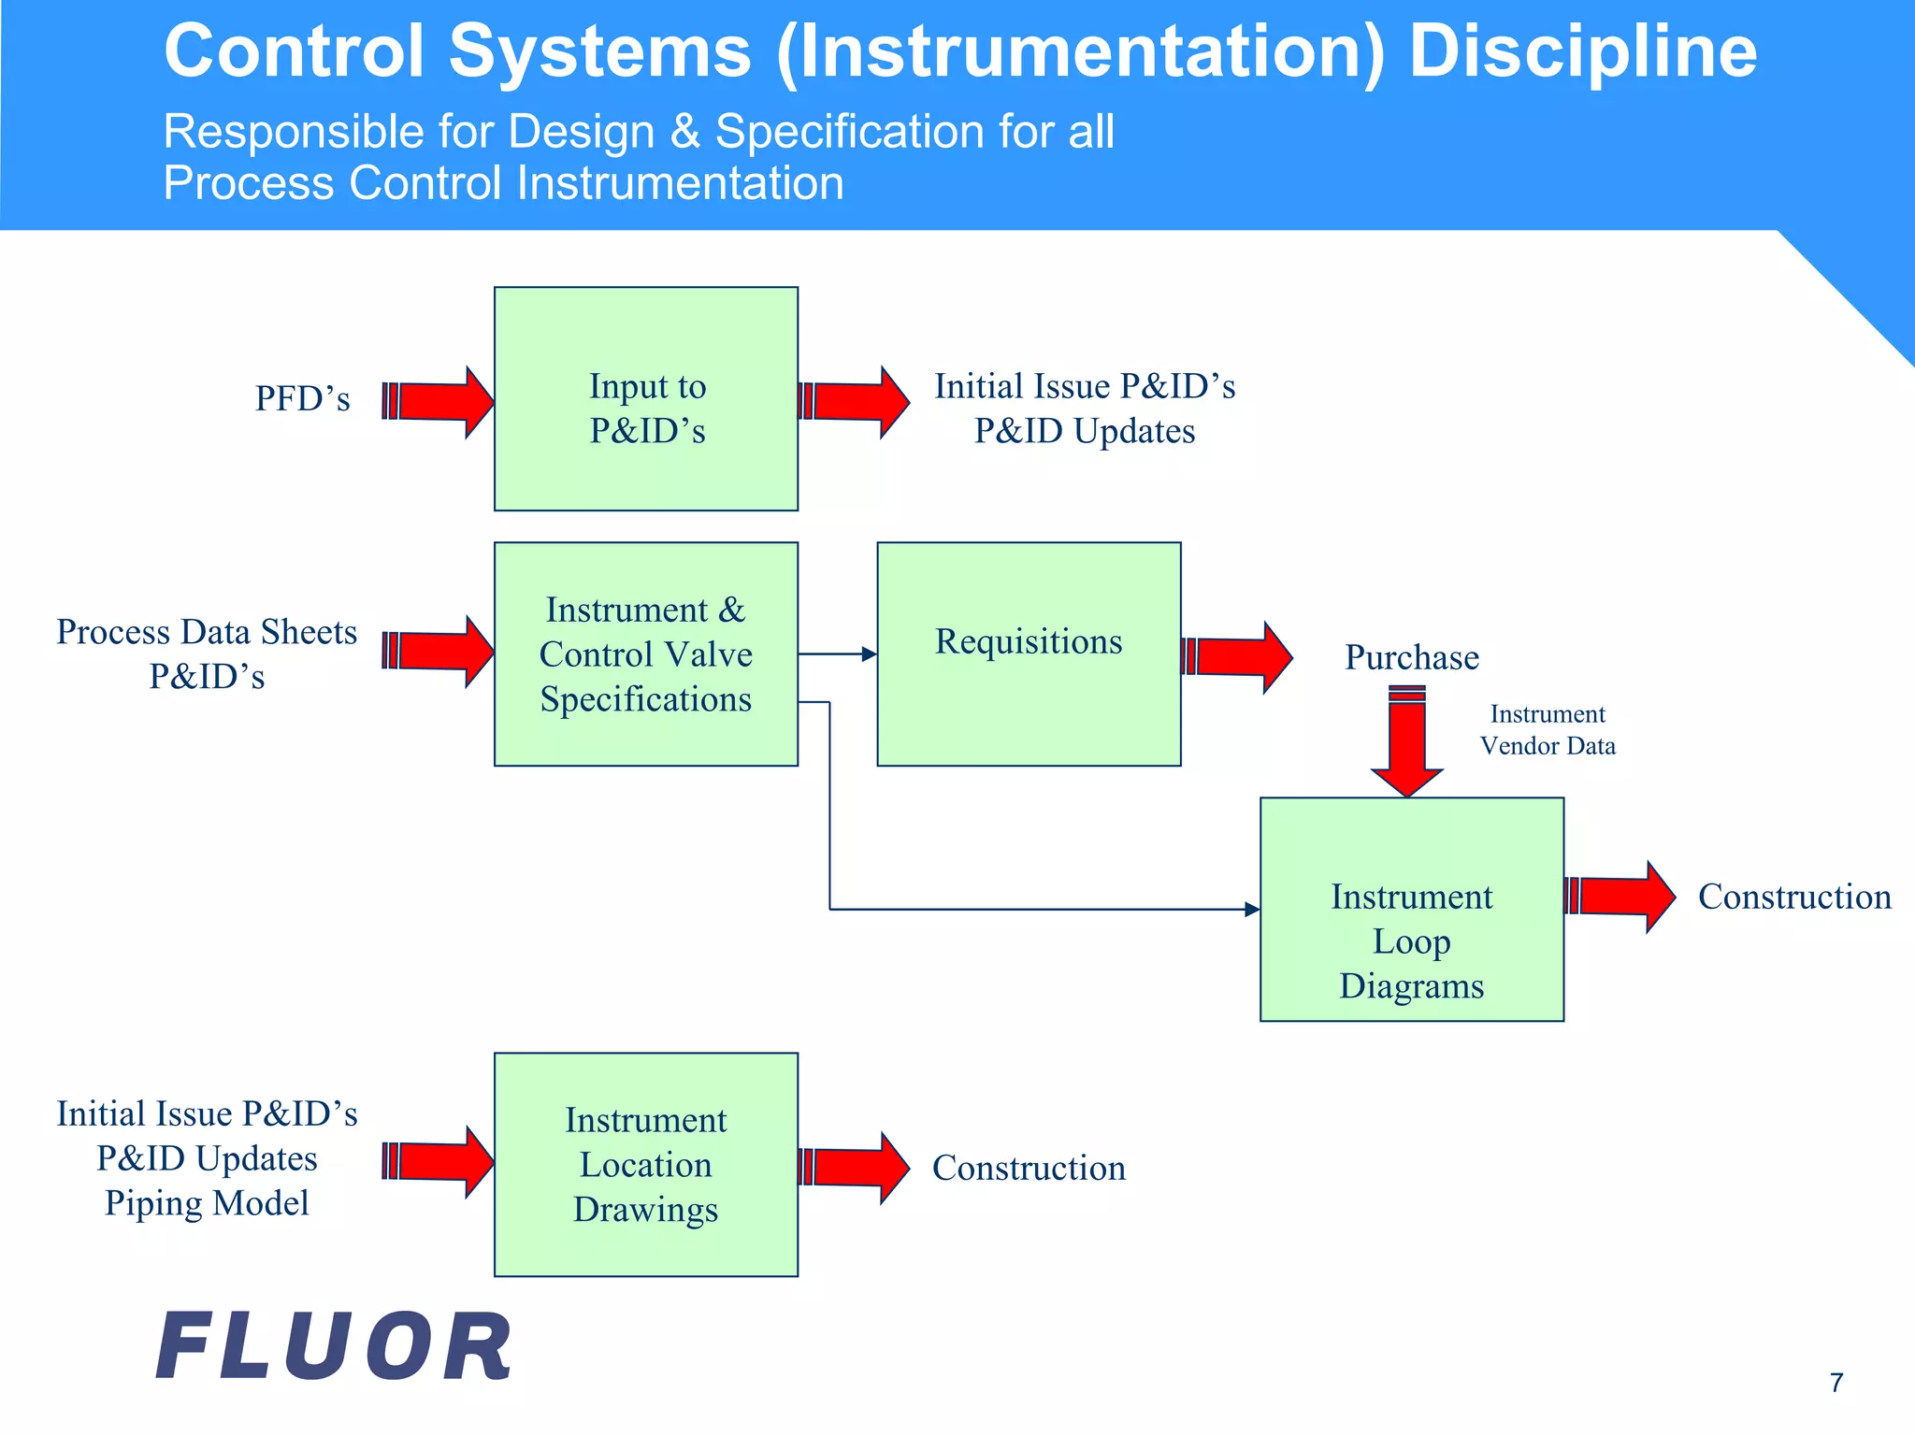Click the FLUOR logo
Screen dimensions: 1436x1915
pos(334,1346)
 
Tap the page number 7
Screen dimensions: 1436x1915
pos(1836,1383)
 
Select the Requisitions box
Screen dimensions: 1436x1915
pos(1029,653)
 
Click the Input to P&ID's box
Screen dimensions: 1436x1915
pos(646,399)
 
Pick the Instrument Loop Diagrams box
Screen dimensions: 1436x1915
pos(1411,910)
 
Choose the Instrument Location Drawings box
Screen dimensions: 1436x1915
pos(646,1165)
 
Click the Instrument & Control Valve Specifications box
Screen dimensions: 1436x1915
pos(646,654)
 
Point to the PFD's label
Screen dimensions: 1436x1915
pos(302,399)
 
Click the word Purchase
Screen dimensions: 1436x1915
pos(1411,657)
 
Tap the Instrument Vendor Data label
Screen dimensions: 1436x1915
pos(1547,730)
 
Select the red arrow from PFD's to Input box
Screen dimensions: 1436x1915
pos(439,402)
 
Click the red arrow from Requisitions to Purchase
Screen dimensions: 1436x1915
pos(1237,657)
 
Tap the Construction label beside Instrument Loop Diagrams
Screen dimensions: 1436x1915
pos(1793,897)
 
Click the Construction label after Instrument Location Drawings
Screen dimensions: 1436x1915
pos(1029,1168)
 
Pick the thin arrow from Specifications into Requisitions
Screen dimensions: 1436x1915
pos(837,654)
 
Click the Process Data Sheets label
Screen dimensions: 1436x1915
pos(207,632)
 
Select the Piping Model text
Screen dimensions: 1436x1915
pos(207,1203)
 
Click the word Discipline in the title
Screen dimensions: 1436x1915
pos(1582,51)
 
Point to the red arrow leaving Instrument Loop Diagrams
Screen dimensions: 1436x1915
pos(1620,897)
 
